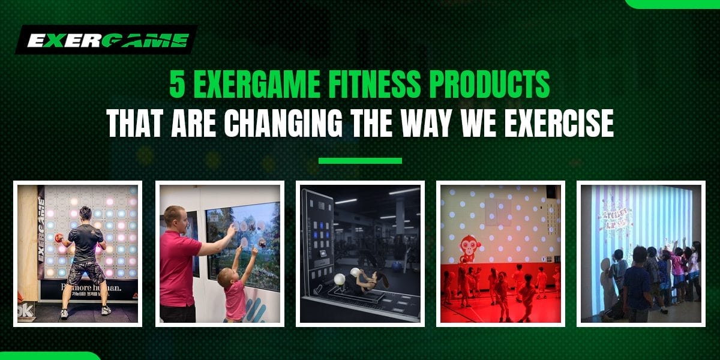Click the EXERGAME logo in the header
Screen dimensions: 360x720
point(107,40)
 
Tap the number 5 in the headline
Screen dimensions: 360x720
point(176,85)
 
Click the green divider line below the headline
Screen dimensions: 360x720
point(360,161)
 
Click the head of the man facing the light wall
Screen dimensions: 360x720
point(85,214)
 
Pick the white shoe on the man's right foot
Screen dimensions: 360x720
point(106,310)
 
